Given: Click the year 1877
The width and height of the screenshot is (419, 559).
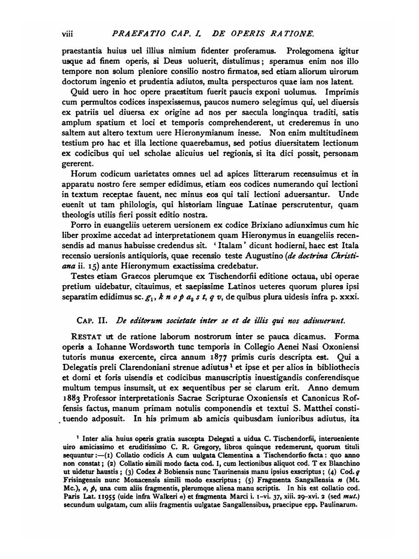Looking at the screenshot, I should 222,357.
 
